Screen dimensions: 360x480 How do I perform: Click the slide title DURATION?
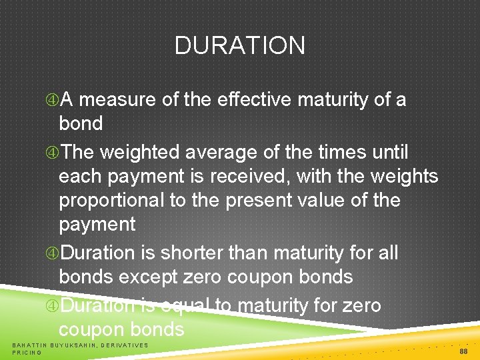click(x=240, y=46)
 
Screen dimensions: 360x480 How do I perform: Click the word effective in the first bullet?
click(x=255, y=100)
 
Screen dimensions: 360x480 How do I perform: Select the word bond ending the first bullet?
click(x=81, y=124)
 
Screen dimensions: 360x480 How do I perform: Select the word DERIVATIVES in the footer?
click(x=125, y=345)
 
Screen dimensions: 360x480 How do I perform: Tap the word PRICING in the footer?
click(x=27, y=352)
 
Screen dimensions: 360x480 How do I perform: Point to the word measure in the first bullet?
click(x=117, y=100)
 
